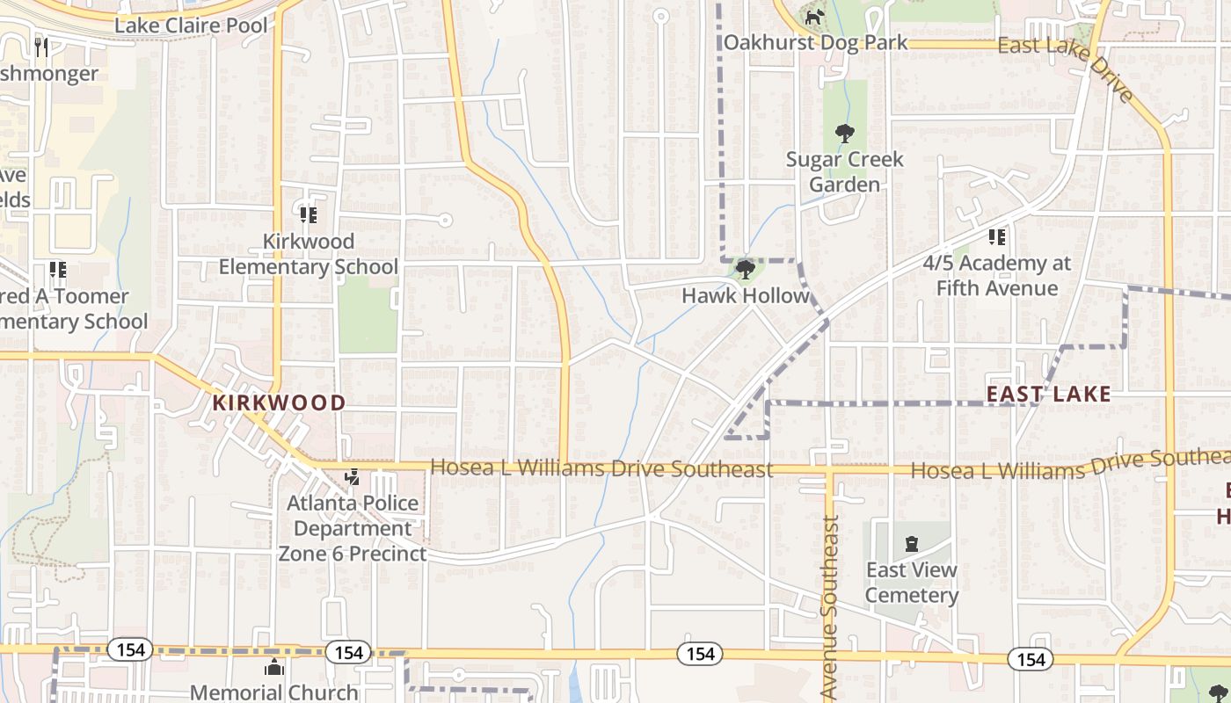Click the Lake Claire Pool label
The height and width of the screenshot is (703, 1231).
[191, 25]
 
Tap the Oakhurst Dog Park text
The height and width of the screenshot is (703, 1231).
[815, 42]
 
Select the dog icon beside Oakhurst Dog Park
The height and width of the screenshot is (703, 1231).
[814, 17]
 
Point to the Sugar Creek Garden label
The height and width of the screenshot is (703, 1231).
[844, 171]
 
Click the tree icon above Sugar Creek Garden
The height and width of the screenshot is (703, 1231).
[844, 134]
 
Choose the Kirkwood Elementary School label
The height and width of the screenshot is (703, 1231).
[308, 254]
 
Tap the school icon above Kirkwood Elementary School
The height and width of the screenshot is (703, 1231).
[308, 214]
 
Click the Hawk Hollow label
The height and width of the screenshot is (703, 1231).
[746, 296]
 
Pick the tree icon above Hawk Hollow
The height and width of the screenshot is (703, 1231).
[746, 269]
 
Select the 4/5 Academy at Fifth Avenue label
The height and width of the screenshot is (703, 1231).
[997, 275]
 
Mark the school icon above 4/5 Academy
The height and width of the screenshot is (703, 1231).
[996, 236]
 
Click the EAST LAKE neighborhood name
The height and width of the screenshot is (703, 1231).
[1048, 394]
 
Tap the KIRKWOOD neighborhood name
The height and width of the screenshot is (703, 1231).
[279, 403]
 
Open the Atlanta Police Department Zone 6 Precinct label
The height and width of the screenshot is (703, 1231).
[353, 528]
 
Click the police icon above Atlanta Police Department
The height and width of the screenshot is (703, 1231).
[353, 477]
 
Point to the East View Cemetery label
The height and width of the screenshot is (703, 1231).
[912, 583]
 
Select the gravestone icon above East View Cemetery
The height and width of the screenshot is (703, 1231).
[912, 544]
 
